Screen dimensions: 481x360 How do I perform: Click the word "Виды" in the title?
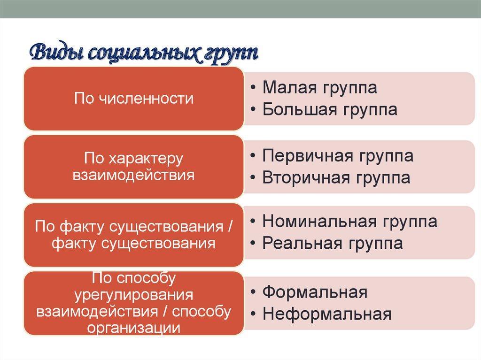[x=56, y=53]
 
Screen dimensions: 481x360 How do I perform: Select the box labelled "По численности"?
[x=134, y=99]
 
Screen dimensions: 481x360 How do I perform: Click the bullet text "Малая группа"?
[x=319, y=87]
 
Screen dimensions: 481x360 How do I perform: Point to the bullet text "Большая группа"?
[x=330, y=109]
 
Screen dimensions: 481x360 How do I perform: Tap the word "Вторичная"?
[x=306, y=178]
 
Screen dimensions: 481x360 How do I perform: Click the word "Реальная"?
[x=302, y=244]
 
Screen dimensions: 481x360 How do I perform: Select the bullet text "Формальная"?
[x=315, y=292]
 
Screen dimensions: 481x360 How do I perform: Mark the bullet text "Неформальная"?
[x=327, y=314]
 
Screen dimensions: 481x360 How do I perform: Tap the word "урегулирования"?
[x=134, y=295]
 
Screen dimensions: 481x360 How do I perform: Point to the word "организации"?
[x=134, y=328]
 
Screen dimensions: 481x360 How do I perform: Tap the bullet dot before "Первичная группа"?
[x=253, y=156]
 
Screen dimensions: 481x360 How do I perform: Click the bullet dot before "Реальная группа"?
[x=253, y=244]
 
